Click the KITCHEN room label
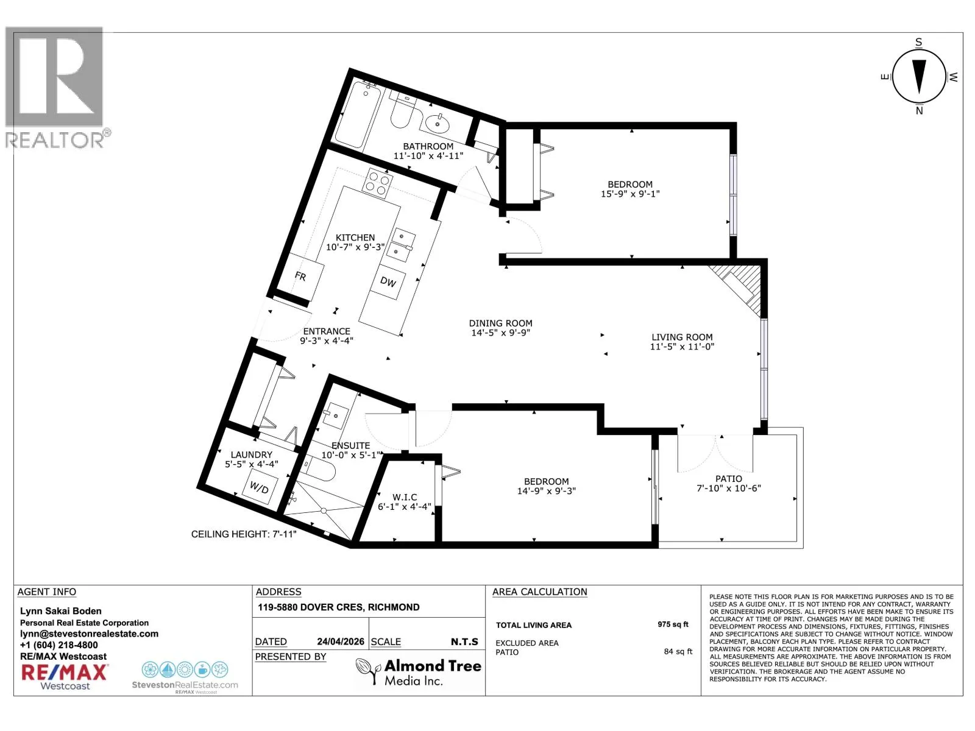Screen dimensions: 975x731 [x=355, y=238]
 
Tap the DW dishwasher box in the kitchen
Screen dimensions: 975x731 [x=388, y=281]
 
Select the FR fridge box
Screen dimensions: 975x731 [x=300, y=277]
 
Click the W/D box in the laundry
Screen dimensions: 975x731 [x=259, y=487]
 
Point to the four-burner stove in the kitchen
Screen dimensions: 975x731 [x=377, y=183]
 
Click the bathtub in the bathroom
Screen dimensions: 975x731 [x=358, y=114]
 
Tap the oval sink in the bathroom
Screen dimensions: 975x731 [x=437, y=123]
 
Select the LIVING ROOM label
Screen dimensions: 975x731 [x=682, y=337]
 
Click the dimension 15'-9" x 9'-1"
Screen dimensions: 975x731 [x=630, y=194]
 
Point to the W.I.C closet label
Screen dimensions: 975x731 [x=404, y=497]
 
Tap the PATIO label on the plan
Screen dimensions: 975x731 [x=728, y=478]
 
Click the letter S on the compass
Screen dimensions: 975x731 [x=918, y=42]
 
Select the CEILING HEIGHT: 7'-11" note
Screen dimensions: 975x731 [x=243, y=534]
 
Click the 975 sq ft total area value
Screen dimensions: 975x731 [x=673, y=624]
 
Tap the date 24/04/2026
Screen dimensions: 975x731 [x=340, y=641]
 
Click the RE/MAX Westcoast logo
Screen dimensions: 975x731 [x=65, y=676]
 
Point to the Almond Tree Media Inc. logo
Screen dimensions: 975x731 [x=418, y=671]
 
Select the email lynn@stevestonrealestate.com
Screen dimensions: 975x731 [x=90, y=634]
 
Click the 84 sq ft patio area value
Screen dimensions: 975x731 [x=678, y=651]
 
